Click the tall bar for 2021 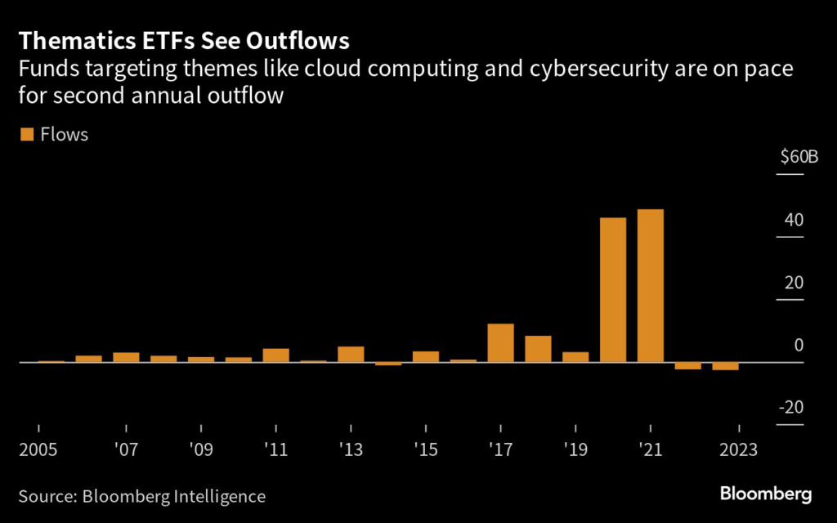coord(650,285)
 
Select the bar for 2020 coord(613,289)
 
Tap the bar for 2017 coord(500,342)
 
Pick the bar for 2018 coord(538,348)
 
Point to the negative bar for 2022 coord(687,365)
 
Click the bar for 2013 coord(351,354)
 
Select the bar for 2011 coord(275,355)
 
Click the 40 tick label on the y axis coord(794,221)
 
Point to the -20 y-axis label coord(792,408)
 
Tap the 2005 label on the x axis coord(38,450)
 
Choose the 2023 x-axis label coord(739,450)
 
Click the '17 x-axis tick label coord(500,450)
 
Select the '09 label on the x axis coord(200,450)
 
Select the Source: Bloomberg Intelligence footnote coord(142,495)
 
